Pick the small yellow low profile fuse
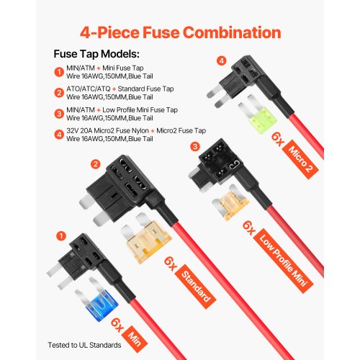click(x=230, y=203)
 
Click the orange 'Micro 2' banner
click(x=300, y=159)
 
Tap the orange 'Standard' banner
click(x=196, y=287)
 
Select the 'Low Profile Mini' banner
click(x=283, y=261)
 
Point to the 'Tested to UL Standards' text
click(x=84, y=345)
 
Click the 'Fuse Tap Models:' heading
click(x=96, y=54)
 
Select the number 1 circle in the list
click(x=59, y=72)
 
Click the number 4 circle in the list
click(x=59, y=135)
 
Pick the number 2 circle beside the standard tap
click(x=96, y=164)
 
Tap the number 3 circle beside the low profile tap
click(x=195, y=146)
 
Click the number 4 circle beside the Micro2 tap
click(x=222, y=60)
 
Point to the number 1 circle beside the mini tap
click(x=61, y=235)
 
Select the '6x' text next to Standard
click(x=171, y=264)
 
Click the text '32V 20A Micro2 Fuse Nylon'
click(x=107, y=131)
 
